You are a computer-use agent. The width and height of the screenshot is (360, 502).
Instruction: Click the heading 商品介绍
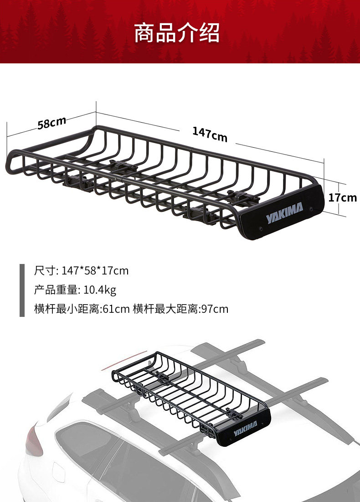click(177, 33)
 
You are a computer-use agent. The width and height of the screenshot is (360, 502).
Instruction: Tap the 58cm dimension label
click(52, 123)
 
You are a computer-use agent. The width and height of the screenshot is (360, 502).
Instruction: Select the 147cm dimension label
click(210, 135)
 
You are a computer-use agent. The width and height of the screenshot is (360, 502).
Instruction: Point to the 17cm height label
click(342, 197)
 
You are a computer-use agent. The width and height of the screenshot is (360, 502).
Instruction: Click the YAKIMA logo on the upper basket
click(284, 212)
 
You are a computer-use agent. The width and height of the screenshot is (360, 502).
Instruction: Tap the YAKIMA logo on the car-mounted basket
click(246, 429)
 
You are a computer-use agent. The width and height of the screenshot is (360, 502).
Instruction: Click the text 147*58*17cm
click(95, 271)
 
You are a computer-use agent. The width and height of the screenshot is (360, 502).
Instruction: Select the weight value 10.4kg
click(100, 290)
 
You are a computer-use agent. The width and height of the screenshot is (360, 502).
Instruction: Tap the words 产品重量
click(56, 290)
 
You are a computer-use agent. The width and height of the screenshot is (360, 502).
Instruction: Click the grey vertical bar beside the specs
click(22, 290)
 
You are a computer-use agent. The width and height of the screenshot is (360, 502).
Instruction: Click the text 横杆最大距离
click(165, 309)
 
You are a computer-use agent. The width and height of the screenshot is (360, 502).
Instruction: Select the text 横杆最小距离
click(67, 309)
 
